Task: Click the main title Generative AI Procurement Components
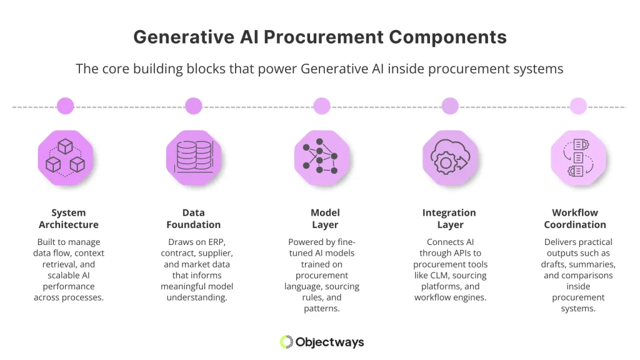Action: (x=320, y=37)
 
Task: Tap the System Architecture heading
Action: (x=69, y=219)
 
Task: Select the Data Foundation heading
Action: (x=194, y=219)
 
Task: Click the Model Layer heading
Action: (x=325, y=219)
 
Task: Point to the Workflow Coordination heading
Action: (x=575, y=219)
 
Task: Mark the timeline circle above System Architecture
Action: (x=65, y=106)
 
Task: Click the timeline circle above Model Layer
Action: (x=321, y=106)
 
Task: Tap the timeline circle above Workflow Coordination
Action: (x=578, y=106)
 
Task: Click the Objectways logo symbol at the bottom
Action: (x=286, y=342)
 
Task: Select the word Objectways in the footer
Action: (x=331, y=342)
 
